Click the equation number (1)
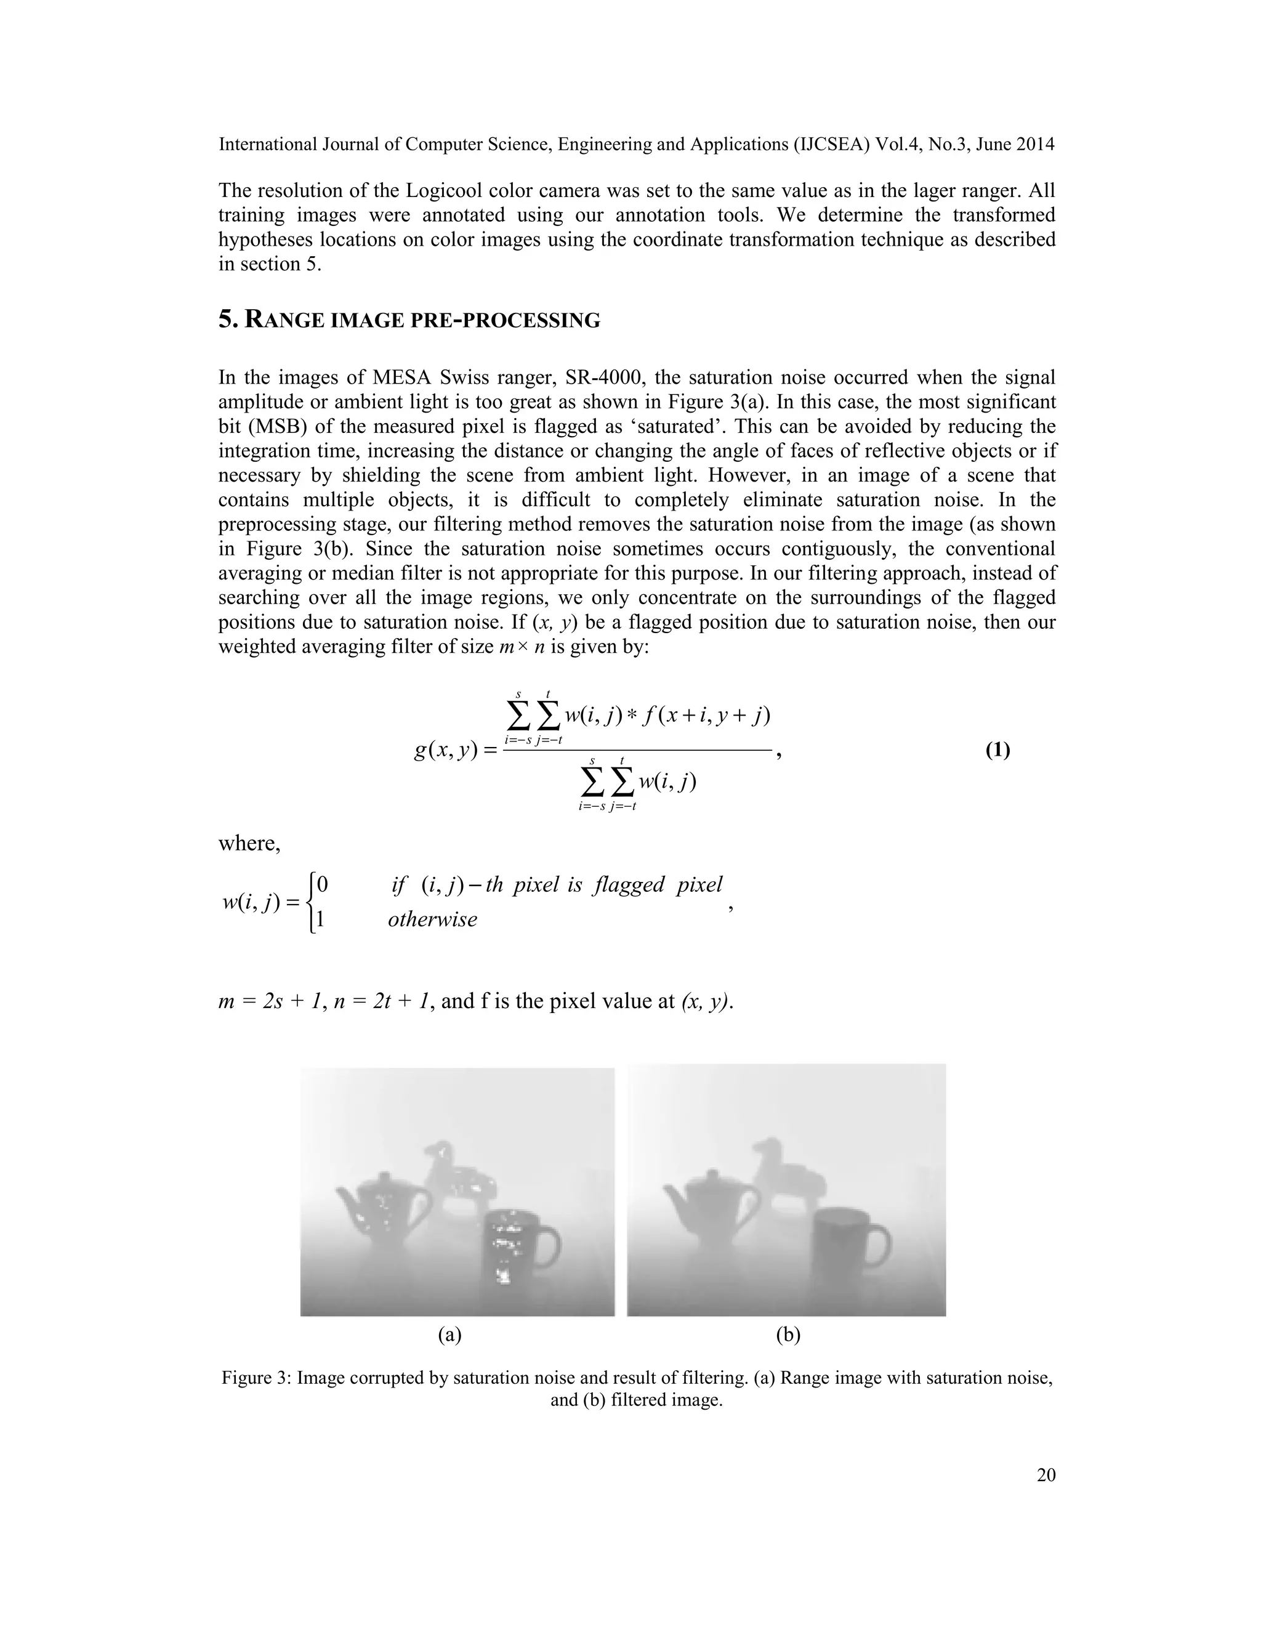click(x=997, y=750)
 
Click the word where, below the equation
click(x=249, y=843)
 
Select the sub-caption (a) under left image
click(x=449, y=1334)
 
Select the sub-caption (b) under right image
click(x=788, y=1334)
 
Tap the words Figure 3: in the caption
click(x=256, y=1377)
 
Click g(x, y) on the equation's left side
click(x=445, y=750)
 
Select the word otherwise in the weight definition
click(x=432, y=919)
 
